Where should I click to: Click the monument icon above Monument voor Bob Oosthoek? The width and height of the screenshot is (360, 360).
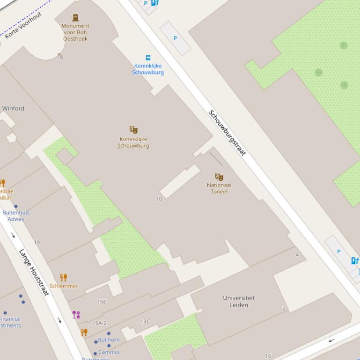coord(75,18)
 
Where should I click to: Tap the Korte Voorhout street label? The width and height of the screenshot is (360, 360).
coord(23,25)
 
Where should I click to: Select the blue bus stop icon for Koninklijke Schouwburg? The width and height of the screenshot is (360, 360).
coord(148,58)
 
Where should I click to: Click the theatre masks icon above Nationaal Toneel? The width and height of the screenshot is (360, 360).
coord(219,177)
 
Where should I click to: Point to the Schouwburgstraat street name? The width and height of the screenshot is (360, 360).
coord(227,133)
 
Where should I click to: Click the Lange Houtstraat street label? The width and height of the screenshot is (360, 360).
coord(34,272)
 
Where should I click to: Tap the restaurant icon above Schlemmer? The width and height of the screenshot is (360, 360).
coord(64,277)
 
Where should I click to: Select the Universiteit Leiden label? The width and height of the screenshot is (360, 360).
coord(239,302)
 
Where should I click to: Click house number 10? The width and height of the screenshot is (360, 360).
coord(159,199)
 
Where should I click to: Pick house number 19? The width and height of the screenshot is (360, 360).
coord(37,242)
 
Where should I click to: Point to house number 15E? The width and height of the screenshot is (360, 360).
coord(102,302)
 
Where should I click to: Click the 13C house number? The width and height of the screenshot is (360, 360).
coord(145,322)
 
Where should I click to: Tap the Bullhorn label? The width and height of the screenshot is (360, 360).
coord(109,340)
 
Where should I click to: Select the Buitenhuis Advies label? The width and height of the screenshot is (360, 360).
coord(16,216)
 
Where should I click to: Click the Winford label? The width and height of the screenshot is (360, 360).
coord(13,108)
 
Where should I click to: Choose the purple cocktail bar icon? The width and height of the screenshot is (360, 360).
coord(76,315)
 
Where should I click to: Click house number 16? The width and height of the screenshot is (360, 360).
coord(268,356)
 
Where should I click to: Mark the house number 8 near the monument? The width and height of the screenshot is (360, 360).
coord(61,58)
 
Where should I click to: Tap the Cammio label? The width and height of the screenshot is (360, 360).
coord(109,352)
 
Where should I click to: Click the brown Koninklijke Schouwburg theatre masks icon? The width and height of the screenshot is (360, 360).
coord(133,130)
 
